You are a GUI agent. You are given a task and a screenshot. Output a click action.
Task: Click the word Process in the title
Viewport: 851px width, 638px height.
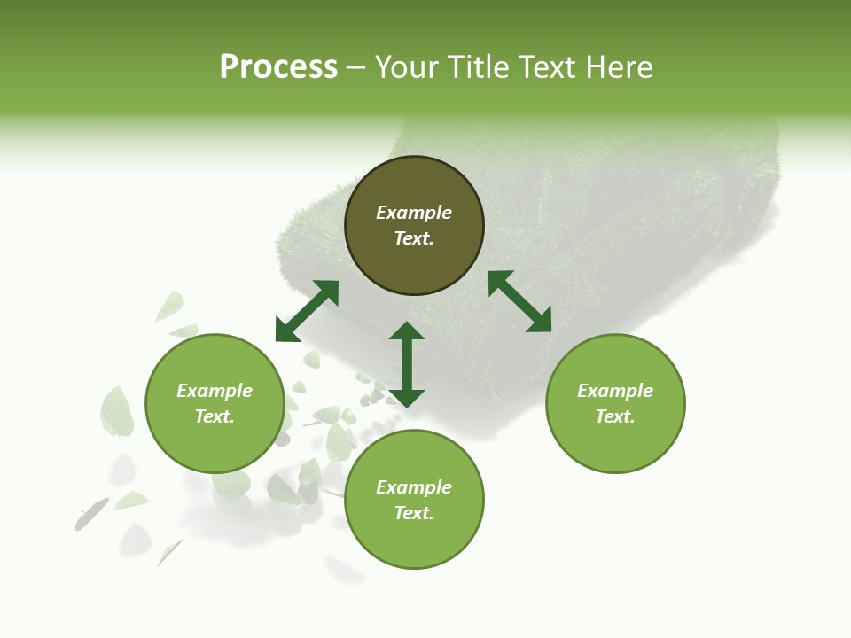278,67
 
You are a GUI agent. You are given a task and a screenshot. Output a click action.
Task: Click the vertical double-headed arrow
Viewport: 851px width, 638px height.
407,364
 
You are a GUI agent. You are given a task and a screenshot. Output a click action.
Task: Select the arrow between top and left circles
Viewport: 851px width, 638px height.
307,311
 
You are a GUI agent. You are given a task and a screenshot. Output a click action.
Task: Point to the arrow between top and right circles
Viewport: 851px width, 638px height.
519,301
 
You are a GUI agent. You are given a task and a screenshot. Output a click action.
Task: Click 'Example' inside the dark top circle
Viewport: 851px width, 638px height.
414,213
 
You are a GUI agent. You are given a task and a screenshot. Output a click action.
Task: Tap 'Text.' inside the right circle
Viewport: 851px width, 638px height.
615,416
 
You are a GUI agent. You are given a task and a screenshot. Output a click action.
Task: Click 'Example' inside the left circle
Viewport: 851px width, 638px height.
215,391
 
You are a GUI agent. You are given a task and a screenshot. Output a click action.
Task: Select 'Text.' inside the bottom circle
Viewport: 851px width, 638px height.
414,513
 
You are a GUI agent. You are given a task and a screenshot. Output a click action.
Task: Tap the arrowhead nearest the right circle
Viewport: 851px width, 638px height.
540,322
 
